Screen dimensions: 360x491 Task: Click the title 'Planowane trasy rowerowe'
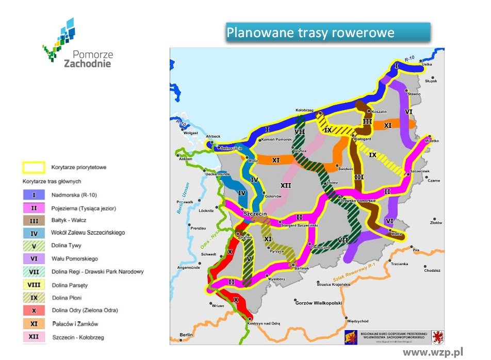coord(310,32)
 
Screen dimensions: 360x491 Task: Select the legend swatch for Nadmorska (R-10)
coord(34,195)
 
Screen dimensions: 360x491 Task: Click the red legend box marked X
coord(34,310)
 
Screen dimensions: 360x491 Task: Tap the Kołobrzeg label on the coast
coord(304,110)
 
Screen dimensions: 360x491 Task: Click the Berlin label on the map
coord(186,335)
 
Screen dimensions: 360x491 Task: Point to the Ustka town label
coord(427,65)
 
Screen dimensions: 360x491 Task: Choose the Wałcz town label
coord(397,234)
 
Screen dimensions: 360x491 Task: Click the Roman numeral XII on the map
coord(286,185)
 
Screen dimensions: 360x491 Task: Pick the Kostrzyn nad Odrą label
coord(264,323)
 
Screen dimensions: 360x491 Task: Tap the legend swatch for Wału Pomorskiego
coord(34,259)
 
